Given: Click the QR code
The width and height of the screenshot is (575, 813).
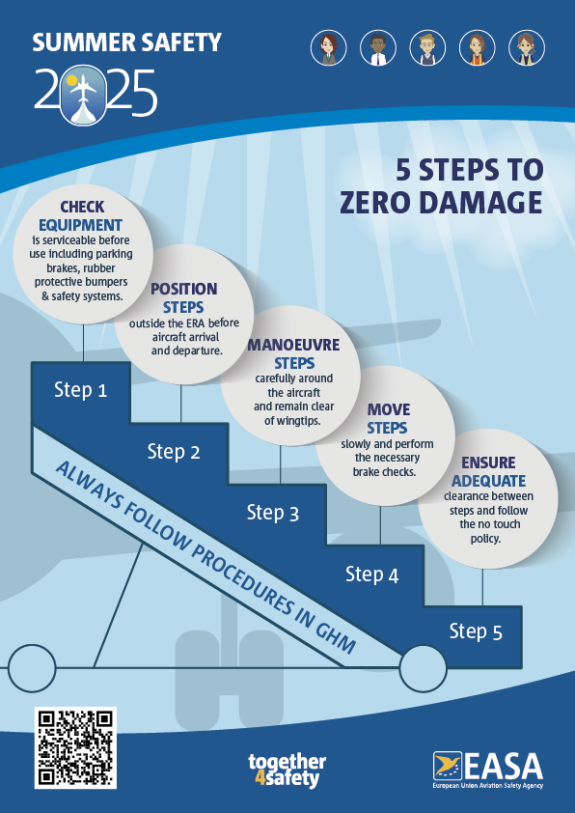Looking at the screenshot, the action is tap(75, 747).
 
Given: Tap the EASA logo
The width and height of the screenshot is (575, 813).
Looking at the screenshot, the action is tap(488, 770).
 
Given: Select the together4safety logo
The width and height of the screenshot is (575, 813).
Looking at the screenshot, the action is tap(287, 770).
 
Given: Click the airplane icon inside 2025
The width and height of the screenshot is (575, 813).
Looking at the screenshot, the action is tap(83, 95).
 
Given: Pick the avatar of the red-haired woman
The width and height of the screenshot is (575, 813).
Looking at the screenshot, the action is tap(328, 48).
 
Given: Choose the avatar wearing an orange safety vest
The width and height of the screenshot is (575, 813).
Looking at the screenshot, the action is tap(478, 48).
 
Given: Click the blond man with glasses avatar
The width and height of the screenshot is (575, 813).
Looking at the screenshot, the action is tap(427, 48).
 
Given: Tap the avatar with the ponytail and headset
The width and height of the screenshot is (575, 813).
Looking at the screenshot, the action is tap(527, 48).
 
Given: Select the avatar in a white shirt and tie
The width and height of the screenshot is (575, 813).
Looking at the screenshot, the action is tap(378, 48).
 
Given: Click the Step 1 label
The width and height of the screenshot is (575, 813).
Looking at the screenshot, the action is tap(80, 390).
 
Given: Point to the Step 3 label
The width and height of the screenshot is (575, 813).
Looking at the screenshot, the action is tap(272, 513).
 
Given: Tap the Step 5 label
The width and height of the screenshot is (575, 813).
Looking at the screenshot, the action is tap(476, 631).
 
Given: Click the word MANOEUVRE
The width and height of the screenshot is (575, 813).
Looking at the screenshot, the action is tap(293, 345).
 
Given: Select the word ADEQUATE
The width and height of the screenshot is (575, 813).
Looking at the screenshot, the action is tap(488, 481).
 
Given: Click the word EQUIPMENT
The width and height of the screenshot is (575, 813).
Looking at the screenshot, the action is tap(80, 225).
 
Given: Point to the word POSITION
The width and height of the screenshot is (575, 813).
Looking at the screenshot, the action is tap(184, 289).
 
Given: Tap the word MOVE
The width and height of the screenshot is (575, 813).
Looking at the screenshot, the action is tap(389, 409).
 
